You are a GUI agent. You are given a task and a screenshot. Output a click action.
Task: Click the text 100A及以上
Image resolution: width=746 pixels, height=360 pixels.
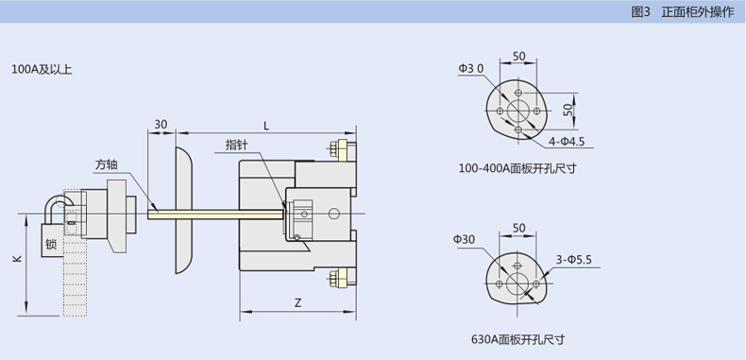tap(42, 70)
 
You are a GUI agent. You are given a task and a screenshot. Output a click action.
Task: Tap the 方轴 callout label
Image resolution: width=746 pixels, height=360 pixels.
tap(106, 165)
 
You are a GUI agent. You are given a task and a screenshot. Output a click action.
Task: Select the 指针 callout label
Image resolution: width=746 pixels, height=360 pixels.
tap(237, 145)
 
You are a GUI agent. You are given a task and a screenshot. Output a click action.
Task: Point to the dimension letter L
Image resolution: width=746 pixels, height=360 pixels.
tap(266, 126)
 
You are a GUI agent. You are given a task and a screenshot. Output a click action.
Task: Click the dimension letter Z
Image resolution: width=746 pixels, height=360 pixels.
tap(297, 302)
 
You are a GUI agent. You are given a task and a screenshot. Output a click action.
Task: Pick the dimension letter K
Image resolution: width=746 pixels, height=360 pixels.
tap(17, 259)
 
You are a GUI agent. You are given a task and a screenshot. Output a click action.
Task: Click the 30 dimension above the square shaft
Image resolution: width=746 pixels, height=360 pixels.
tap(161, 125)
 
